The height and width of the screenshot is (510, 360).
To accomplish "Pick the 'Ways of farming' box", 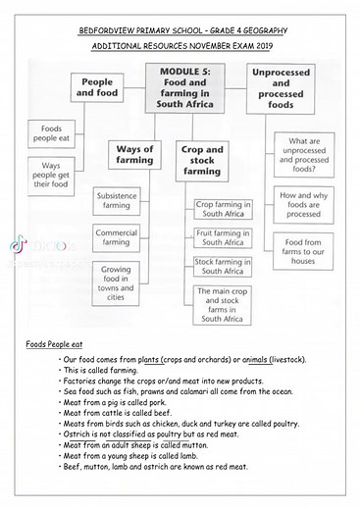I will tap(134, 156).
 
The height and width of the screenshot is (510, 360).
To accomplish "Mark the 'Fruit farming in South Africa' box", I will tap(220, 237).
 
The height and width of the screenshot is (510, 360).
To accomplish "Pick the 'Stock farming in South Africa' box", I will tap(220, 267).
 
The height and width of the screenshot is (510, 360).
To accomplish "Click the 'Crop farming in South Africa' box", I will tap(220, 208).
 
